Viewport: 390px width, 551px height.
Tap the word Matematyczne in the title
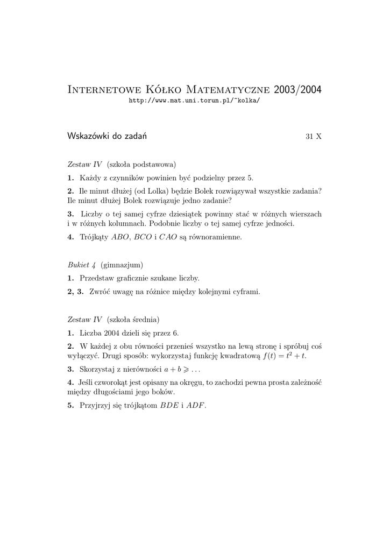(x=229, y=89)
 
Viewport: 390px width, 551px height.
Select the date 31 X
(x=313, y=137)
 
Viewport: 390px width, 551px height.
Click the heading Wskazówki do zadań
(x=107, y=136)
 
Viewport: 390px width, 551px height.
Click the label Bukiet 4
(x=82, y=265)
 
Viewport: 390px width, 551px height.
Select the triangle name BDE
(x=169, y=406)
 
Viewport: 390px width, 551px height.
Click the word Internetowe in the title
(x=103, y=89)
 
